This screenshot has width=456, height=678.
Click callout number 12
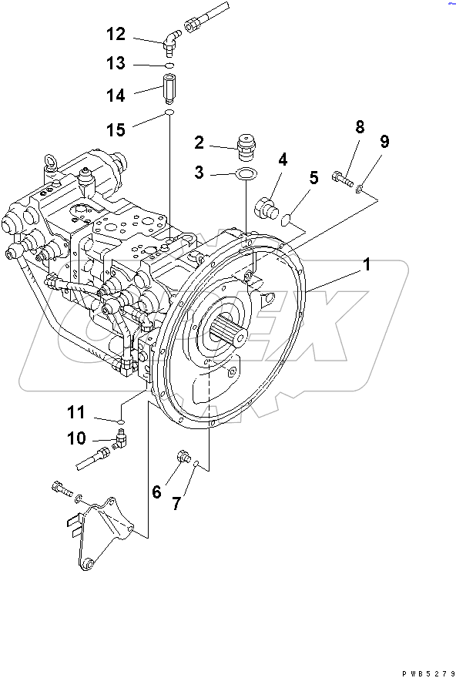(115, 34)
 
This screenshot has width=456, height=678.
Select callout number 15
(115, 129)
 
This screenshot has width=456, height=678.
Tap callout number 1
(367, 264)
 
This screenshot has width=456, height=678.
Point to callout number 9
(384, 142)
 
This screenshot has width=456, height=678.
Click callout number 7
(176, 503)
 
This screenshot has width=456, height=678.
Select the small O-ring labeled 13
(169, 65)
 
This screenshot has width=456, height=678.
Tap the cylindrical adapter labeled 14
(169, 89)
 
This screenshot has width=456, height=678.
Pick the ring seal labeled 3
(245, 174)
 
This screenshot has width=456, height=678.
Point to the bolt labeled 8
(344, 181)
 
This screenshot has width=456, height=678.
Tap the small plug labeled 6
(183, 456)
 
